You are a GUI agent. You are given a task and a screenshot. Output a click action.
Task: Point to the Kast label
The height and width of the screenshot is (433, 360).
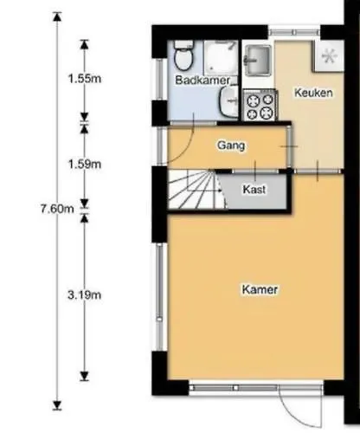(254, 189)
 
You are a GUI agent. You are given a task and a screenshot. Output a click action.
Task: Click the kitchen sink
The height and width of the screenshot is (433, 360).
(259, 61)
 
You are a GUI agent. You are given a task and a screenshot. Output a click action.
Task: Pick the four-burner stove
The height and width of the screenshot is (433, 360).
(260, 107)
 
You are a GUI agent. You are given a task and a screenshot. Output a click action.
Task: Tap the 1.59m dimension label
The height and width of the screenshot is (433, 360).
(84, 163)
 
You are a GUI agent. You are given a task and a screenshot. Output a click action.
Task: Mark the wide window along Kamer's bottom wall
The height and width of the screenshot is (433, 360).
(233, 386)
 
